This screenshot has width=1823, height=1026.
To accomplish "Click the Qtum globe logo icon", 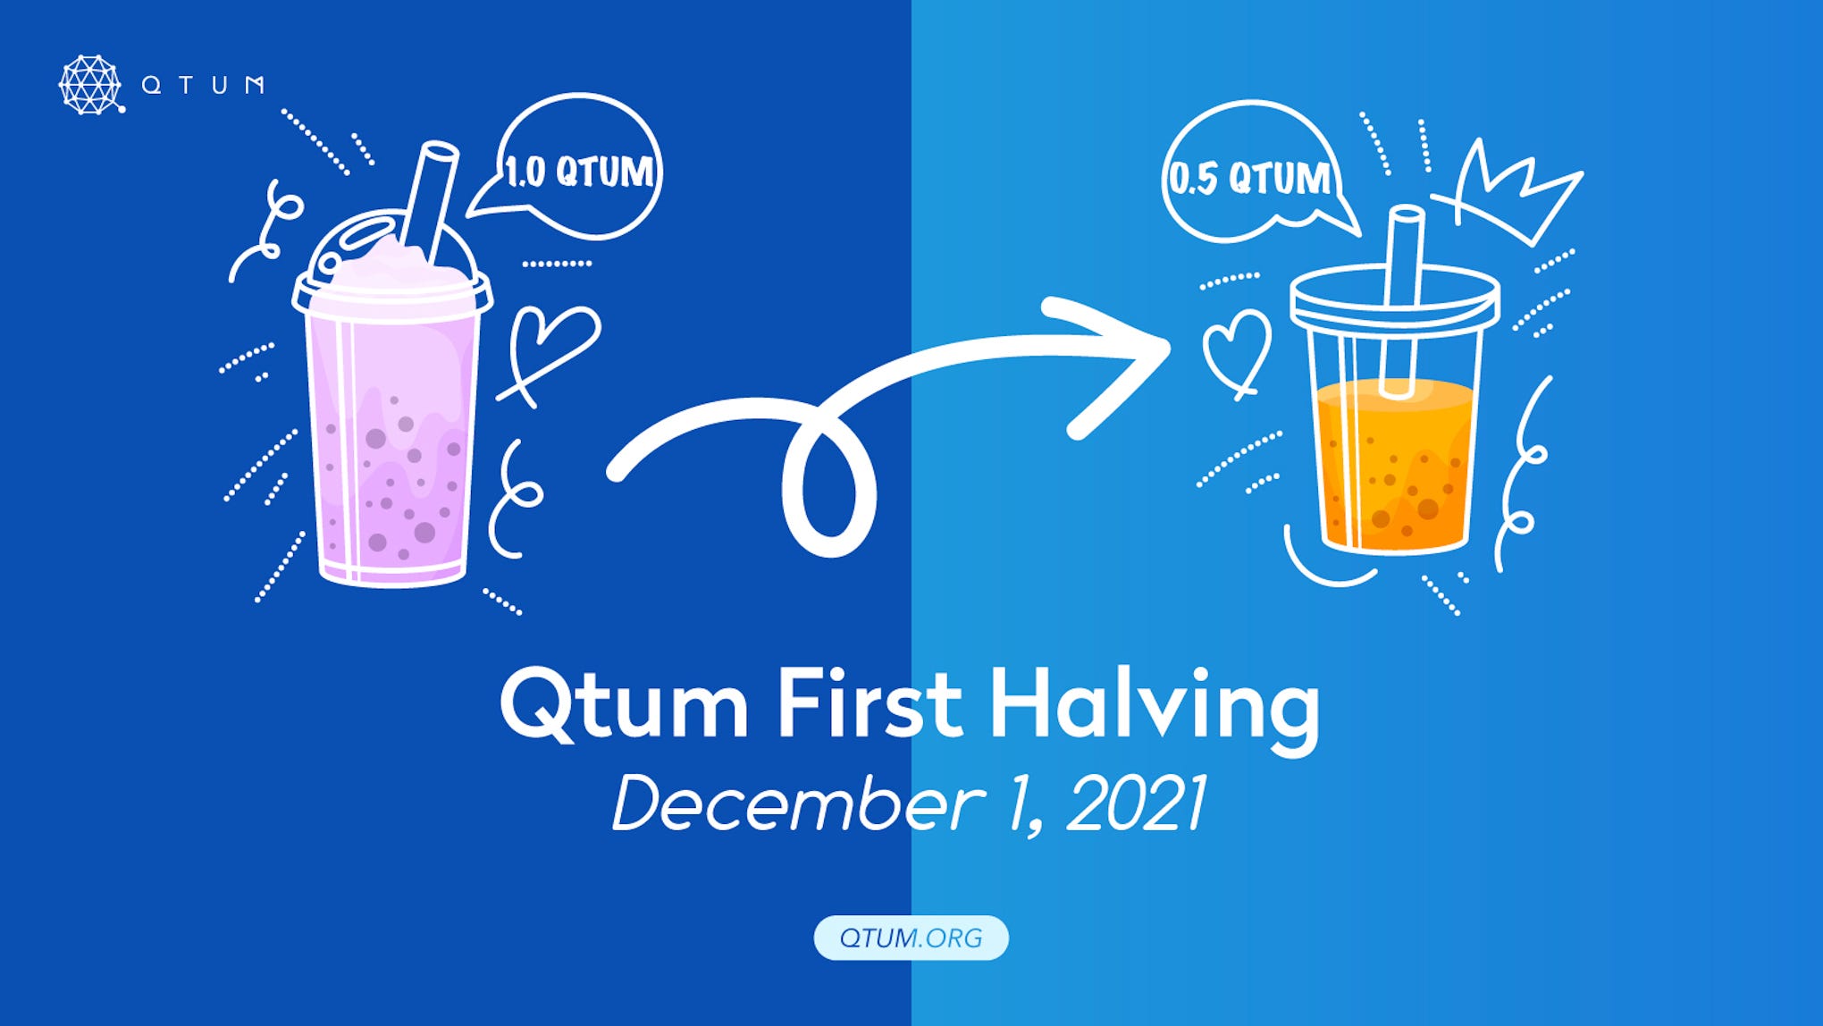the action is point(91,85).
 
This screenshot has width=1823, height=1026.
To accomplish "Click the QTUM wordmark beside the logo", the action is point(203,85).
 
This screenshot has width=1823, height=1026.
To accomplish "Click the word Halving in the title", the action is point(1154,707).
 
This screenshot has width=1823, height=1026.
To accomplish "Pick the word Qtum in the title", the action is point(623,706).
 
